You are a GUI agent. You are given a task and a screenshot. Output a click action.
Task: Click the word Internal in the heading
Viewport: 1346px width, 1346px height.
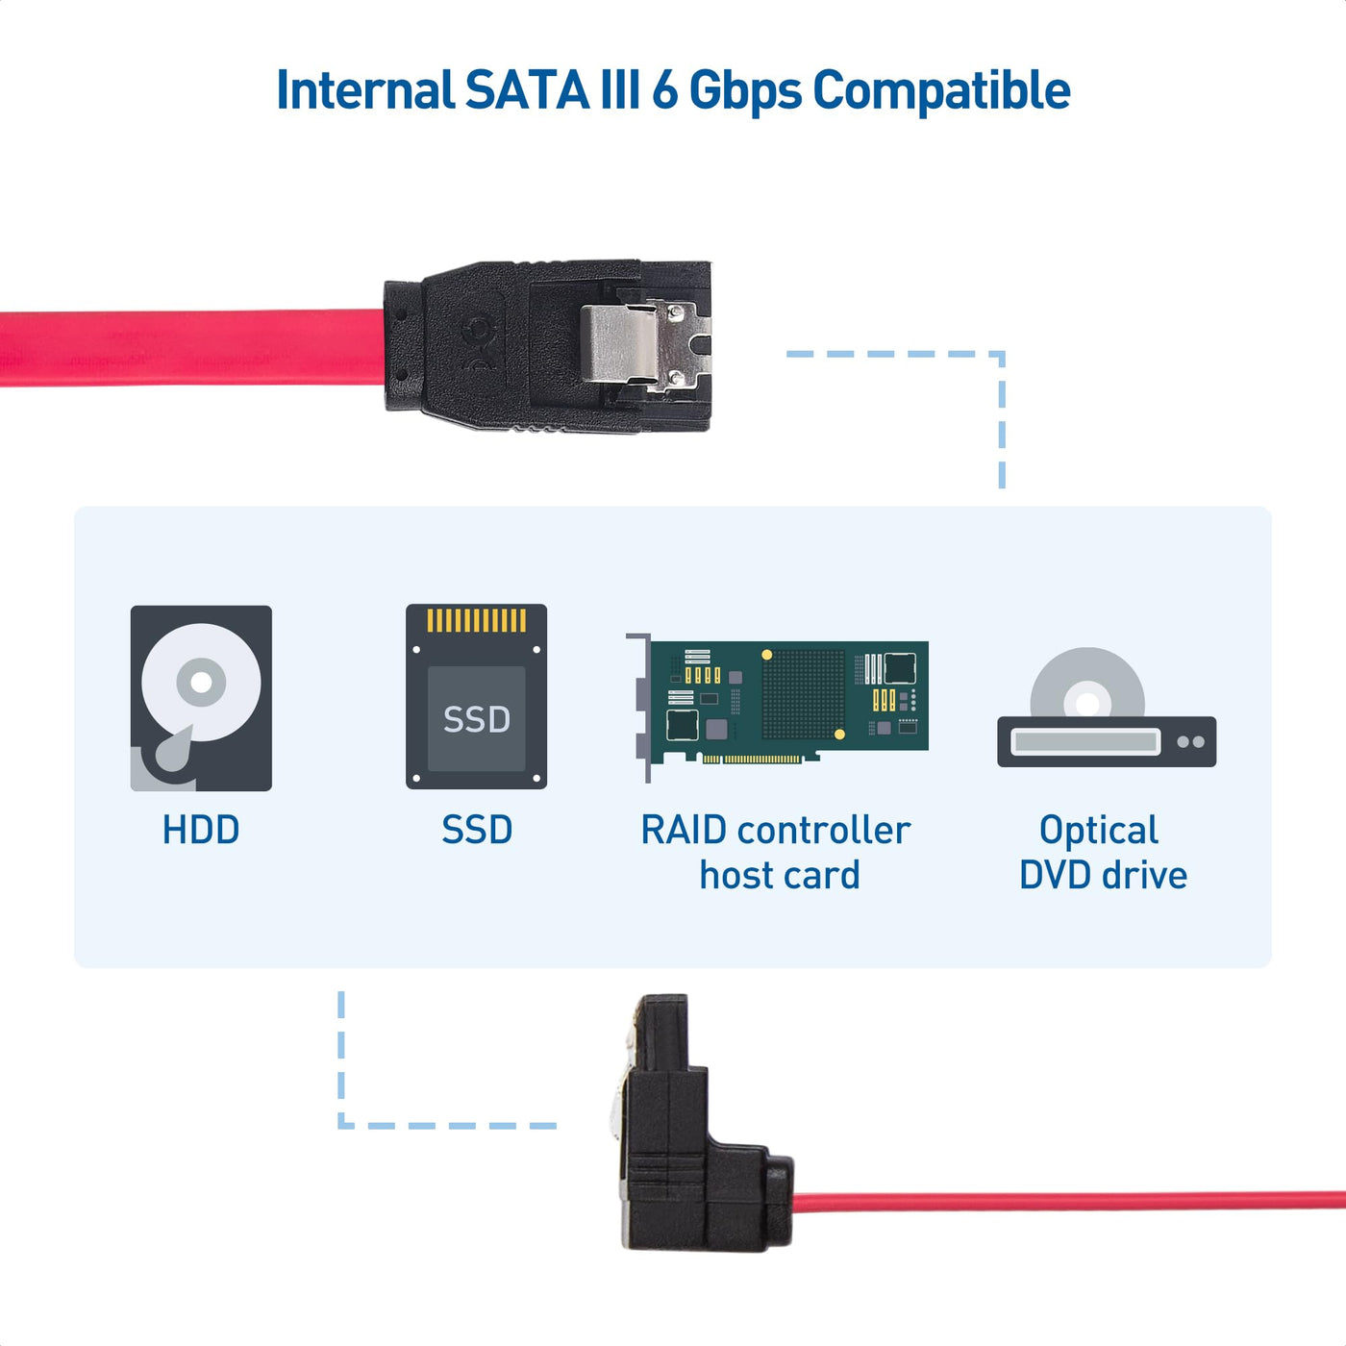364,90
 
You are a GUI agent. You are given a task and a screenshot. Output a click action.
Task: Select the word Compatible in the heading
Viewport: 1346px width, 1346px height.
941,92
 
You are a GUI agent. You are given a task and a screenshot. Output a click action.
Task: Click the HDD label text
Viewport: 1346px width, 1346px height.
200,830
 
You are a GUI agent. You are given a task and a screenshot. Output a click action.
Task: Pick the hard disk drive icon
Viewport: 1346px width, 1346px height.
201,698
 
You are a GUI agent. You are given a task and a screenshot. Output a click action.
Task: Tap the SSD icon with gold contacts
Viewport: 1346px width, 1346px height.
476,696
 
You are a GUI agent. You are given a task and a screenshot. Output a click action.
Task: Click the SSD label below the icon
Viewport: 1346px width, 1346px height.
477,830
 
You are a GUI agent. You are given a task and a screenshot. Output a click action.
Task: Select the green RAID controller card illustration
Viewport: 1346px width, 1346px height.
779,702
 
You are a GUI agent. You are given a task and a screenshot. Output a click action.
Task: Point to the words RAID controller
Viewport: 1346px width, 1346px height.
775,830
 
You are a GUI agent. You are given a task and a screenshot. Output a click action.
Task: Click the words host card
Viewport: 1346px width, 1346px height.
780,876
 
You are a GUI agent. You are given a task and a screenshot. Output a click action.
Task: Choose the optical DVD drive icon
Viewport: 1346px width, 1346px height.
1106,711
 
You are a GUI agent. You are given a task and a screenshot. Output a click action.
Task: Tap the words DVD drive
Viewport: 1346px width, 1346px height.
1103,876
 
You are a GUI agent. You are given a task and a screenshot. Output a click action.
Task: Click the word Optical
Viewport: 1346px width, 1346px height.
1099,830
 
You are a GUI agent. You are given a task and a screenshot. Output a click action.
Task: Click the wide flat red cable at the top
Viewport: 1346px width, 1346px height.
192,348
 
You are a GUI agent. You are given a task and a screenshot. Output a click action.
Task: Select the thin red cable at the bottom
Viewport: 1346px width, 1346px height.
1058,1202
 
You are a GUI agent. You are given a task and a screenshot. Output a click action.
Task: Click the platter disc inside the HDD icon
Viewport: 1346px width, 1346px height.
201,683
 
